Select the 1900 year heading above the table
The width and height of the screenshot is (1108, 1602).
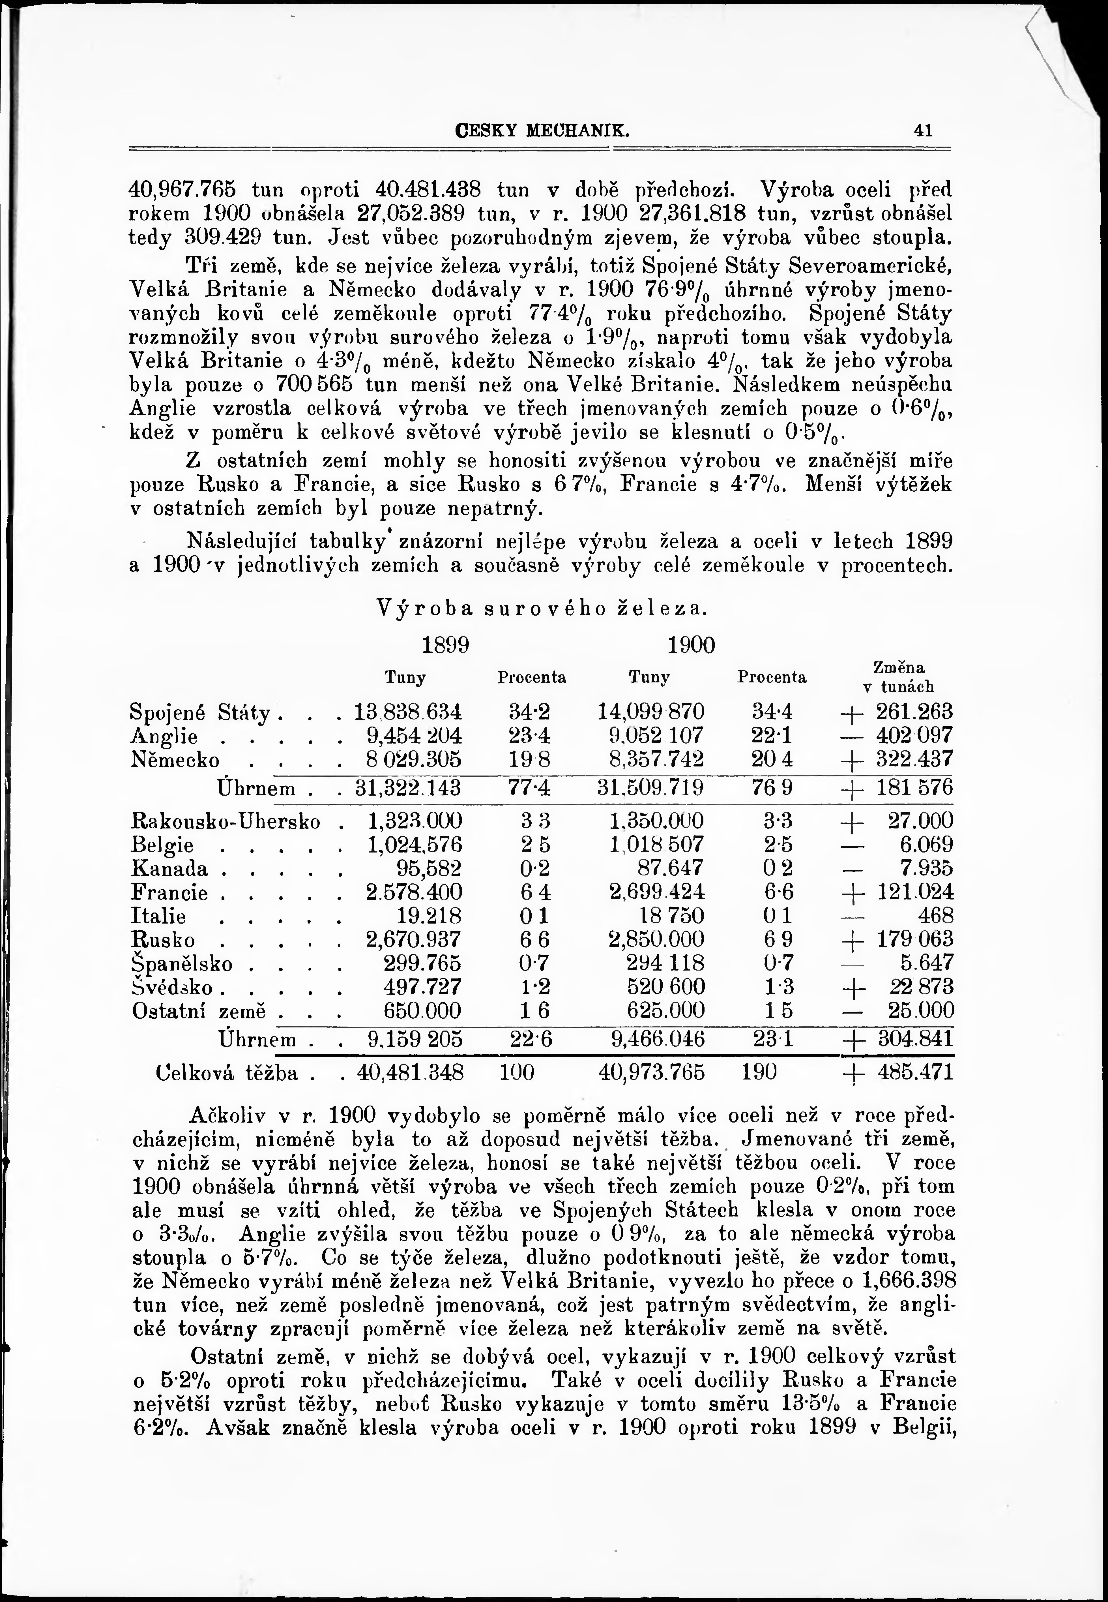coord(691,645)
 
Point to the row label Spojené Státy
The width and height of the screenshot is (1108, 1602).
coord(200,712)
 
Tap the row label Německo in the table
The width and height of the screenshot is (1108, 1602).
coord(175,759)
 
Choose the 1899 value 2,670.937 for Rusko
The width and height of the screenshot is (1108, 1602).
coord(413,939)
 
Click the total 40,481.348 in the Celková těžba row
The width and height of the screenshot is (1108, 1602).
coord(410,1073)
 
